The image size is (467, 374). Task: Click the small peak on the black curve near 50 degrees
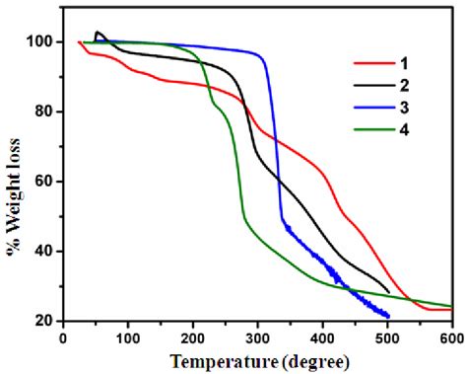pos(97,33)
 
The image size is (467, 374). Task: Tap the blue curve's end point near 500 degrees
pos(389,317)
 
